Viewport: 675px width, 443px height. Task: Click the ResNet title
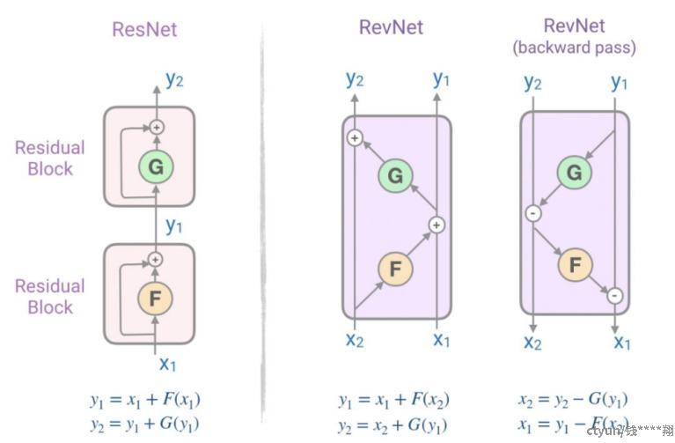(x=144, y=29)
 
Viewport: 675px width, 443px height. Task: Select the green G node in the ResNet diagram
(x=155, y=166)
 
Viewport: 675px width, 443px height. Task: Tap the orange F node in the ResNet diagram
(x=155, y=299)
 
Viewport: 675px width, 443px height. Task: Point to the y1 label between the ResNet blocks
(x=174, y=225)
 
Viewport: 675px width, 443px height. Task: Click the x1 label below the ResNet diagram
(x=168, y=362)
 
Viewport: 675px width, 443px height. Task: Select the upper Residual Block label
(x=50, y=159)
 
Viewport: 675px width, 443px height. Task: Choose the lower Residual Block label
(x=50, y=296)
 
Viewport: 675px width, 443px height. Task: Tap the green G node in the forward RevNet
(x=395, y=176)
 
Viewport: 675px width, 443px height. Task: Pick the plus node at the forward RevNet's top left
(x=355, y=137)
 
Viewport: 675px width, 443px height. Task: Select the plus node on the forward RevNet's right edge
(x=437, y=225)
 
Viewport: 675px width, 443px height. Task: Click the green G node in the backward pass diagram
(x=574, y=174)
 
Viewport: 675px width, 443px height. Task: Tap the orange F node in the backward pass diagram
(x=575, y=263)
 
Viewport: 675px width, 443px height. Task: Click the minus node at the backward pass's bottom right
(x=614, y=295)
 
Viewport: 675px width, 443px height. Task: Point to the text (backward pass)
(x=574, y=48)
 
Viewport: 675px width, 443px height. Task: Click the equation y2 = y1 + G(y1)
(x=144, y=423)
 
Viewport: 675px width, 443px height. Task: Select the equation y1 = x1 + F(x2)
(x=393, y=400)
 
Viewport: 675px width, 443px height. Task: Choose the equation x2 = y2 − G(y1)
(x=573, y=399)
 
